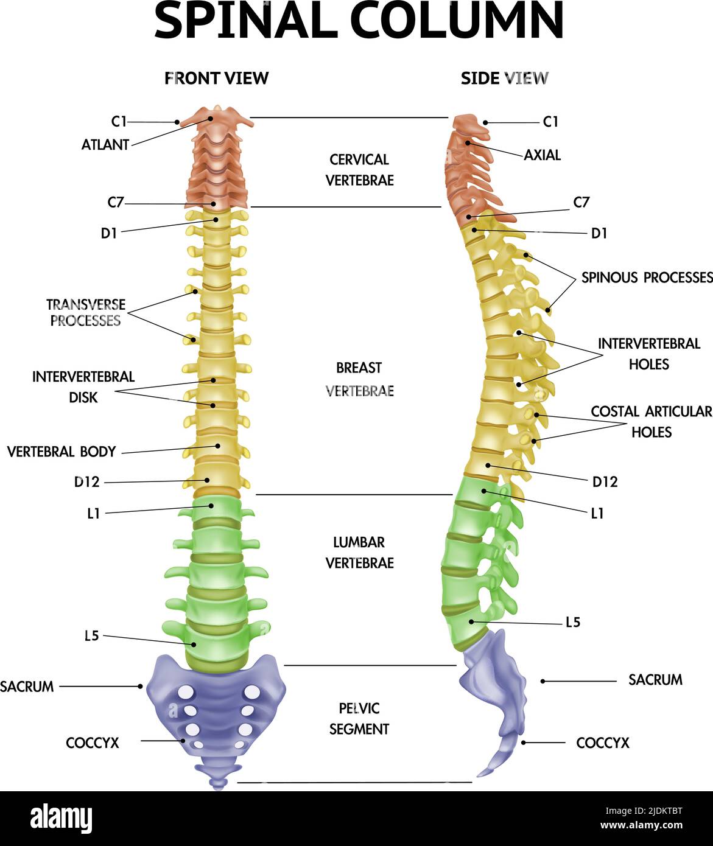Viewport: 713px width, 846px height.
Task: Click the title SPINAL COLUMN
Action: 359,21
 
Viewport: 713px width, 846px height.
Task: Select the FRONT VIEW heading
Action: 216,78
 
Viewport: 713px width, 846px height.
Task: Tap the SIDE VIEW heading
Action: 504,78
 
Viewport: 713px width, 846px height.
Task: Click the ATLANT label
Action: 105,145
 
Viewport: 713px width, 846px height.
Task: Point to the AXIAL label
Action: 542,155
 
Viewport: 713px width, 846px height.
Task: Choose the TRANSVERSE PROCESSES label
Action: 86,312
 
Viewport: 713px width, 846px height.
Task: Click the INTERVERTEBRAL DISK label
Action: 83,386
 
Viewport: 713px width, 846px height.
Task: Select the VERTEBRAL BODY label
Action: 61,452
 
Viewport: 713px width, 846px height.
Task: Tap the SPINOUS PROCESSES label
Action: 646,278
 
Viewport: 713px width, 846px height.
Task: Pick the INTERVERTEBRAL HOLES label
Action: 649,354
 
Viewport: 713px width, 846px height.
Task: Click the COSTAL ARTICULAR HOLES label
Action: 651,421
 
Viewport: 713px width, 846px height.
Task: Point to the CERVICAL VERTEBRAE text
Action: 359,170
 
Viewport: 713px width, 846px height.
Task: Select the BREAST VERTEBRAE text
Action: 359,379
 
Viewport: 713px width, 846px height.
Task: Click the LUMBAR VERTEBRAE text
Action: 359,552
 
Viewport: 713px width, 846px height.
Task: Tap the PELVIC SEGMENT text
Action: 359,718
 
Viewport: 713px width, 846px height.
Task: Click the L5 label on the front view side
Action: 91,637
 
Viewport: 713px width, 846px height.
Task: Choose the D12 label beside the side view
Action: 605,482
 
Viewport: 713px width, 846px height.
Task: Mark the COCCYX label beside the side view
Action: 602,743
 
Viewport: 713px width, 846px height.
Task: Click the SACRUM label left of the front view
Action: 27,687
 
